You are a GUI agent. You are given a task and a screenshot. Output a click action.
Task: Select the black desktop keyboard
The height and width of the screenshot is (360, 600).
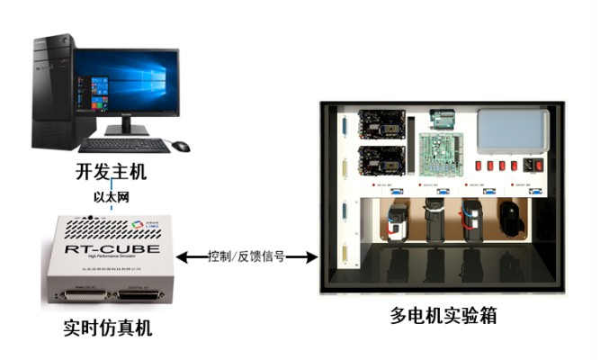124,145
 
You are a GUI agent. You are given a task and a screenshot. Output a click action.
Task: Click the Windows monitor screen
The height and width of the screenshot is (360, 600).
127,83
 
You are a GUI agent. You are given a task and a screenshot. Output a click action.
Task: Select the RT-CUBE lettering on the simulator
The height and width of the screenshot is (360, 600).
113,250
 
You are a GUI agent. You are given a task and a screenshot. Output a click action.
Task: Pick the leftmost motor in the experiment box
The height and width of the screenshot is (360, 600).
396,222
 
